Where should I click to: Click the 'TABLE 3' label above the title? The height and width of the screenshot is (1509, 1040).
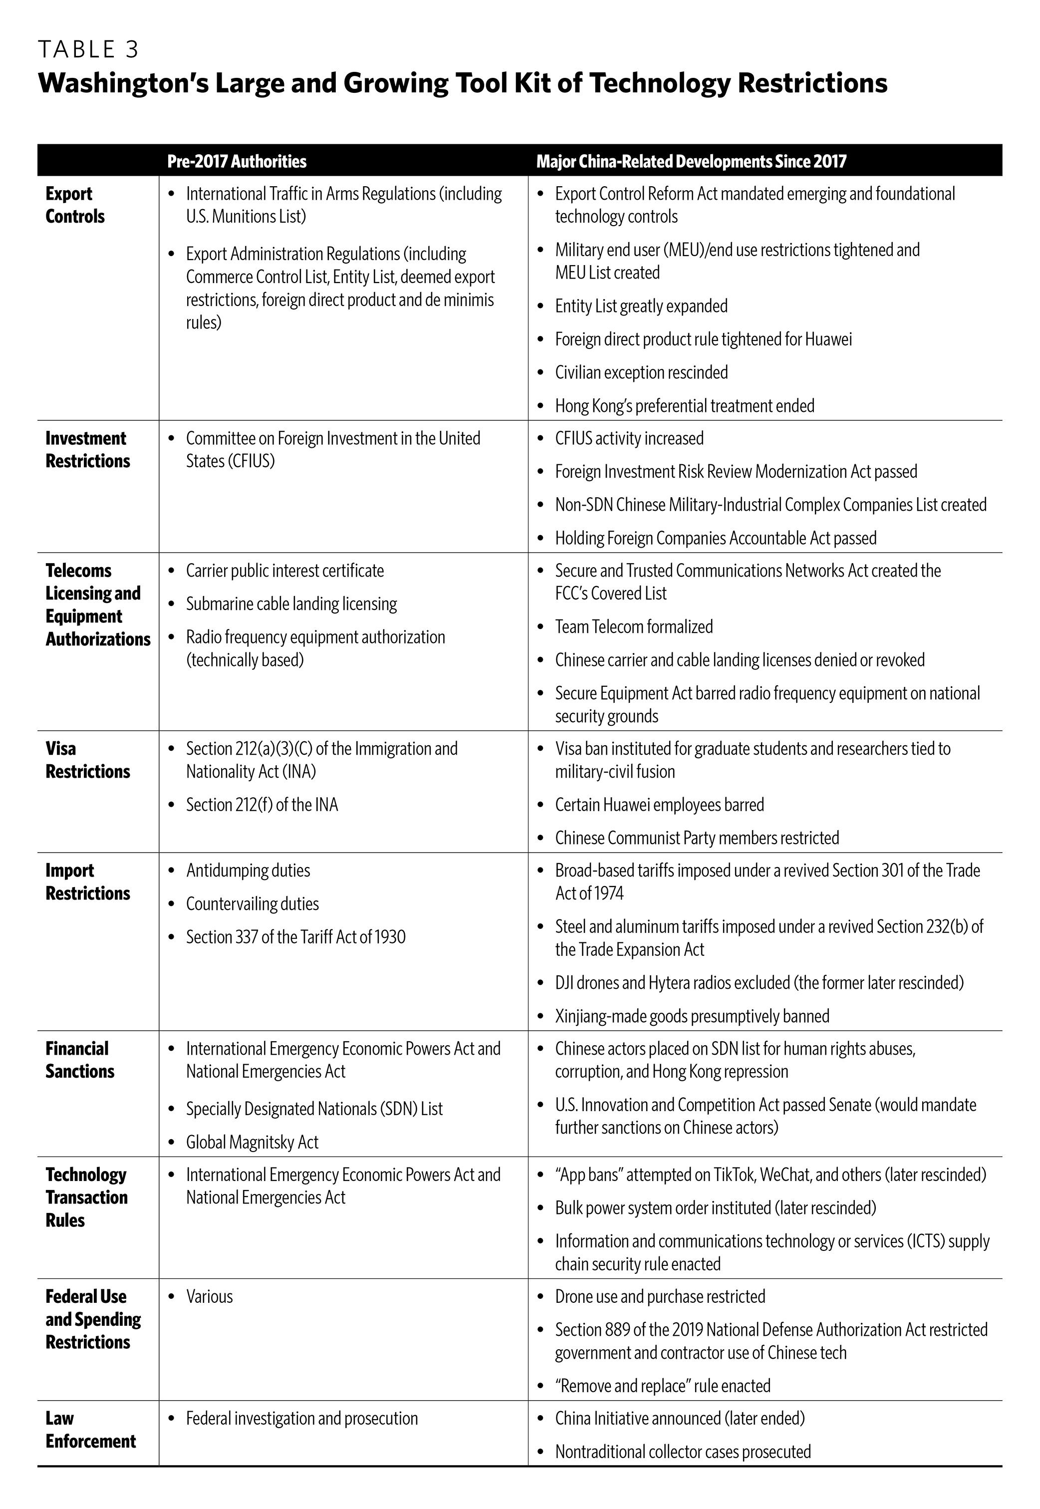[88, 49]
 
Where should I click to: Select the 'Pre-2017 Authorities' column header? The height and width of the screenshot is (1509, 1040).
[237, 161]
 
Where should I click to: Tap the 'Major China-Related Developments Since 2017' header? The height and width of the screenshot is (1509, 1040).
[691, 161]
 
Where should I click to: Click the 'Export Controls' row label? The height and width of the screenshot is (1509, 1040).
[75, 205]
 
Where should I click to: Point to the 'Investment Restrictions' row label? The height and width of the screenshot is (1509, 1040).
[87, 450]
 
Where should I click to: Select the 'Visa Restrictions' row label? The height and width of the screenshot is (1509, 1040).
[87, 760]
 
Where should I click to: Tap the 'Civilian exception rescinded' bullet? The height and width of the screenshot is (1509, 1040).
[641, 372]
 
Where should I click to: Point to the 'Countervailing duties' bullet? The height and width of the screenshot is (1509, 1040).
[252, 904]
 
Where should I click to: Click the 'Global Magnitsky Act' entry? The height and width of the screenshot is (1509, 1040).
[252, 1142]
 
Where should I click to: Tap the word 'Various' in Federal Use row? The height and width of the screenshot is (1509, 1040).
[209, 1296]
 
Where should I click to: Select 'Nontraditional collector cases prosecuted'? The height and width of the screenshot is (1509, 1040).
[683, 1452]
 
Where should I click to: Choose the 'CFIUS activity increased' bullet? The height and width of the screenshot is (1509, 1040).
[629, 438]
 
